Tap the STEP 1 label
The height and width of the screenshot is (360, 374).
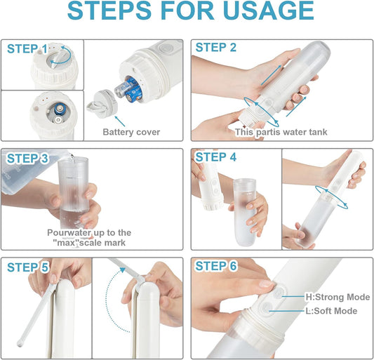(x=27, y=48)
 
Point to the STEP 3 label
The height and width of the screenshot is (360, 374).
(x=27, y=159)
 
